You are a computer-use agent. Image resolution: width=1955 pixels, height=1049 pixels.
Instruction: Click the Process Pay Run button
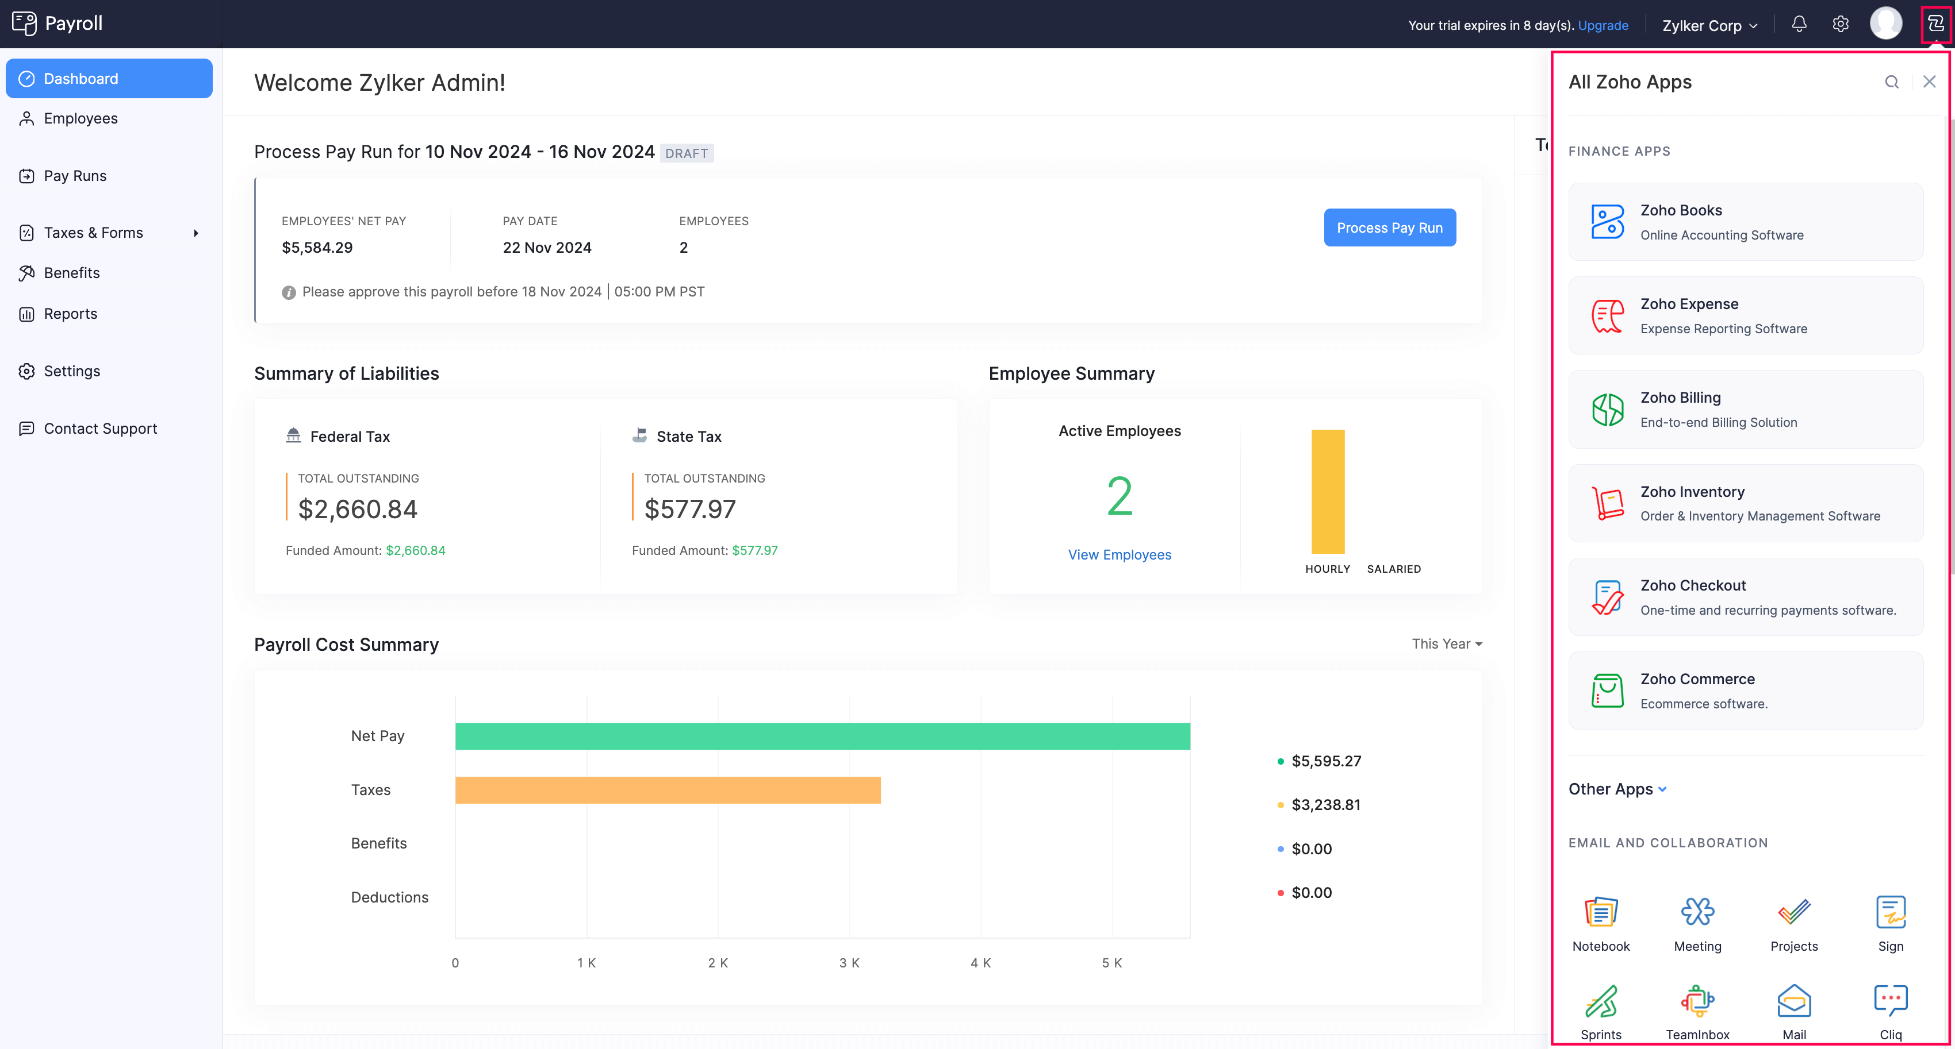pos(1389,227)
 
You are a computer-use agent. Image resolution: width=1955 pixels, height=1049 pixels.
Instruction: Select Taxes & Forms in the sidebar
pos(93,233)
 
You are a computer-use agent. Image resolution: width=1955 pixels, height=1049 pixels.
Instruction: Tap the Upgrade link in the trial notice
pos(1603,25)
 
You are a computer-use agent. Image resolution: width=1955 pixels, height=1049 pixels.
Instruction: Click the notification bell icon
pos(1799,24)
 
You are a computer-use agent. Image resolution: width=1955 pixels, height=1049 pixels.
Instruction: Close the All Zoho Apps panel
pos(1929,82)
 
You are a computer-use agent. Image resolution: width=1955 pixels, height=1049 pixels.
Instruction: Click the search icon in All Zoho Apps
pos(1891,82)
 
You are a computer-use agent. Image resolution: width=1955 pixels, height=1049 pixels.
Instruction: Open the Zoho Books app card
pos(1746,222)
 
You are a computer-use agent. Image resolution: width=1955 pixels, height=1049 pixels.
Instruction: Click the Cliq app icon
pos(1889,1011)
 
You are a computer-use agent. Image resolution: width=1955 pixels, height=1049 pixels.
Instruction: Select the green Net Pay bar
pos(822,736)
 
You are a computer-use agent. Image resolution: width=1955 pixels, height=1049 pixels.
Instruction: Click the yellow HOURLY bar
pos(1327,492)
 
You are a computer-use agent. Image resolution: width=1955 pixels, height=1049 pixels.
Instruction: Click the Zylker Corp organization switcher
pos(1709,26)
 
